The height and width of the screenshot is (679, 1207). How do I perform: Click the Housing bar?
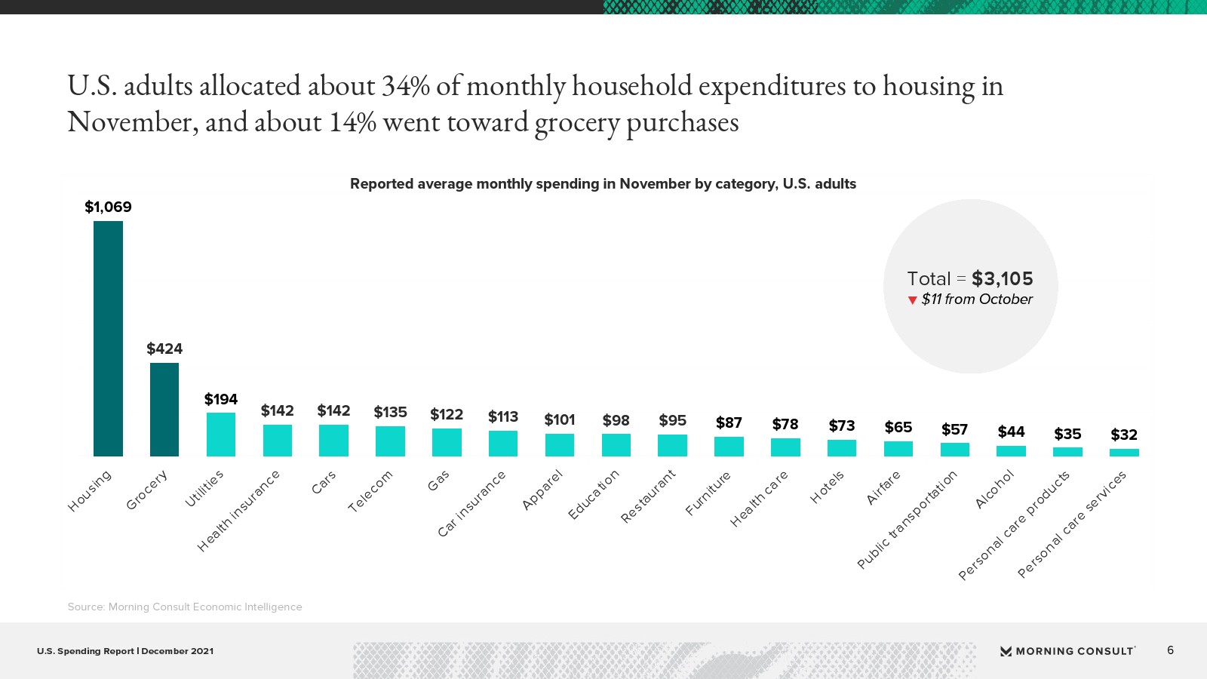(x=108, y=339)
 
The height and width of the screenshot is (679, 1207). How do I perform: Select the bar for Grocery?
(x=164, y=410)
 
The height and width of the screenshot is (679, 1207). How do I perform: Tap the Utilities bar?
(x=221, y=435)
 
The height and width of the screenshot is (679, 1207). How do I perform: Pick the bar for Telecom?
(x=390, y=441)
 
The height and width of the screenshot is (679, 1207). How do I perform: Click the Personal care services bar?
(x=1124, y=453)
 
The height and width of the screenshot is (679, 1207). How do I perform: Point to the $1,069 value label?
(x=108, y=207)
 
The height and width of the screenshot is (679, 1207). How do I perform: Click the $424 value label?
(x=164, y=349)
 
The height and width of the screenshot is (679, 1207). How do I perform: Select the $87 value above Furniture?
(x=729, y=422)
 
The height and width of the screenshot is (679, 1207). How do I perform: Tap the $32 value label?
(x=1124, y=435)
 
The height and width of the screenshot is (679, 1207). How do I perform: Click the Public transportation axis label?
(x=908, y=519)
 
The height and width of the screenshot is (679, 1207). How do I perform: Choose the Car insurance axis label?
(x=471, y=503)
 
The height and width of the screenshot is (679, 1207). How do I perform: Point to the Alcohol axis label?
(x=995, y=489)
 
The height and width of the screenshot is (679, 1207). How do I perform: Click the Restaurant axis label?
(x=648, y=496)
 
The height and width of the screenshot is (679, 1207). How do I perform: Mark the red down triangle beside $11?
(x=913, y=300)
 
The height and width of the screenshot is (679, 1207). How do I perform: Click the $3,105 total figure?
(x=1002, y=278)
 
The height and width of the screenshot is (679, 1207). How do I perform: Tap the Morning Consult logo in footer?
(x=1067, y=651)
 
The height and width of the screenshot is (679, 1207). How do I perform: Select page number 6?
(x=1170, y=650)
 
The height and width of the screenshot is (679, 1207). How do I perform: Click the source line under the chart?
(x=185, y=607)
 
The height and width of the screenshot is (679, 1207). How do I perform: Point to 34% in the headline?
(x=405, y=86)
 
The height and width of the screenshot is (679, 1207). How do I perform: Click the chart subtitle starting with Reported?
(x=603, y=184)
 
